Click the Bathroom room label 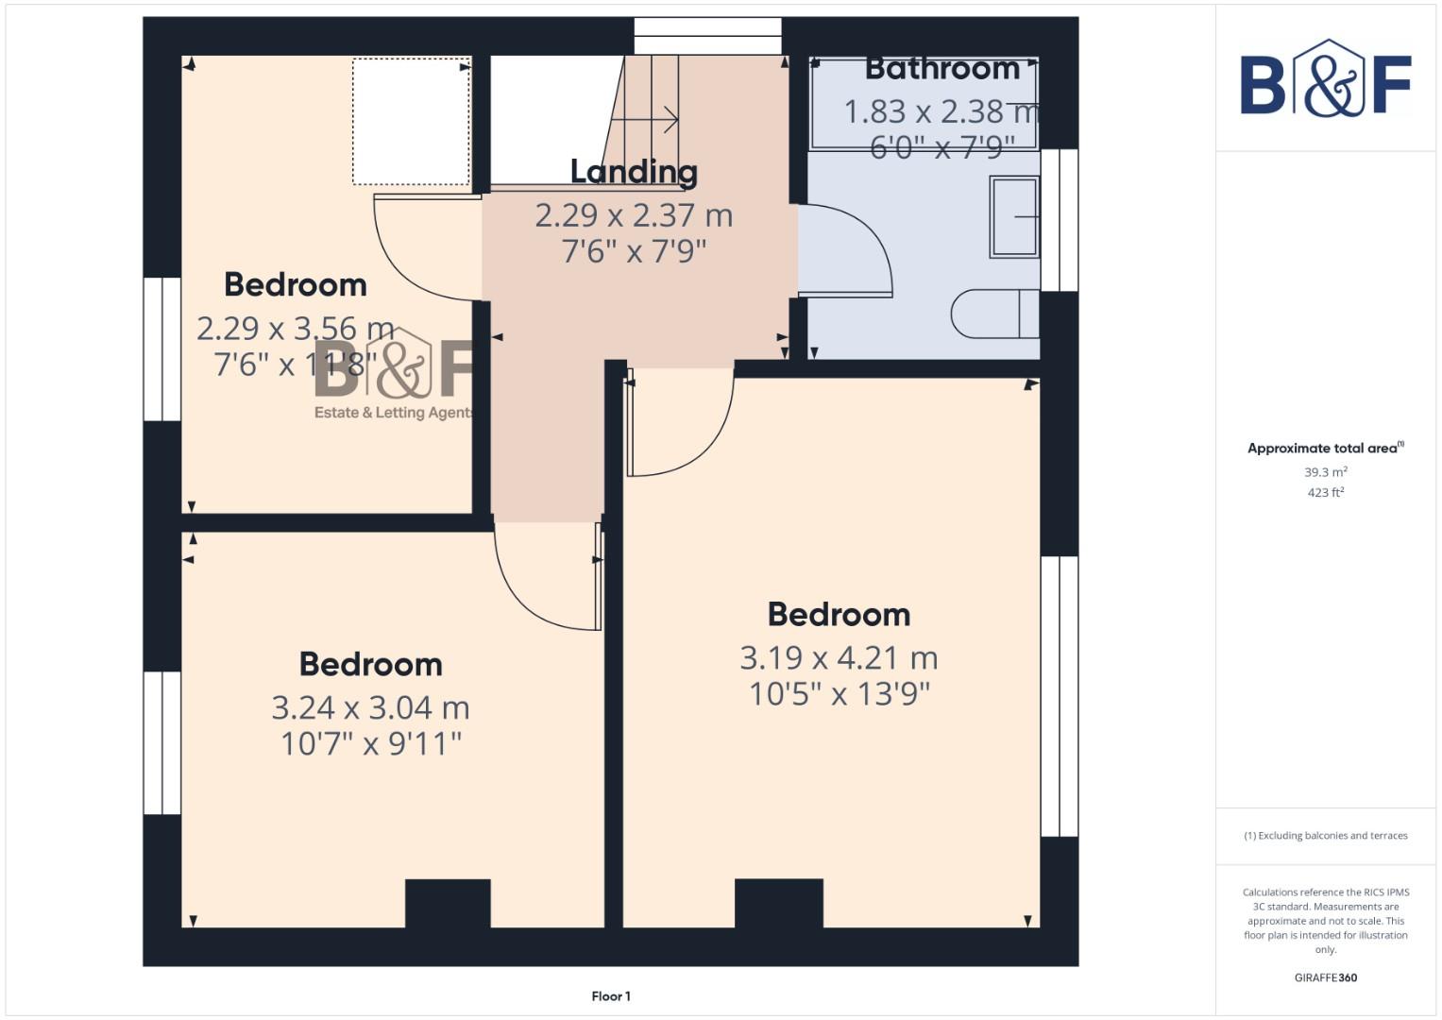coord(942,69)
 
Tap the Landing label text coord(634,172)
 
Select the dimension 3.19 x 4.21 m coord(839,657)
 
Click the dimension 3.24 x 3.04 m coord(370,707)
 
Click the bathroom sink coord(1014,216)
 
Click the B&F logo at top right coord(1325,80)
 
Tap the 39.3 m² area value coord(1325,471)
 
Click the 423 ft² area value coord(1325,492)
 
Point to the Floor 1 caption coord(611,995)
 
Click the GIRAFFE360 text coord(1325,977)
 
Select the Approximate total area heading coord(1324,449)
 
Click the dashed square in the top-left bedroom coord(411,122)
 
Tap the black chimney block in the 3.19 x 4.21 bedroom coord(778,903)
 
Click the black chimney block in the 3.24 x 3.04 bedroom coord(448,903)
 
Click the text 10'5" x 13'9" coord(839,694)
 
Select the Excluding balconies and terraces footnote coord(1325,836)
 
